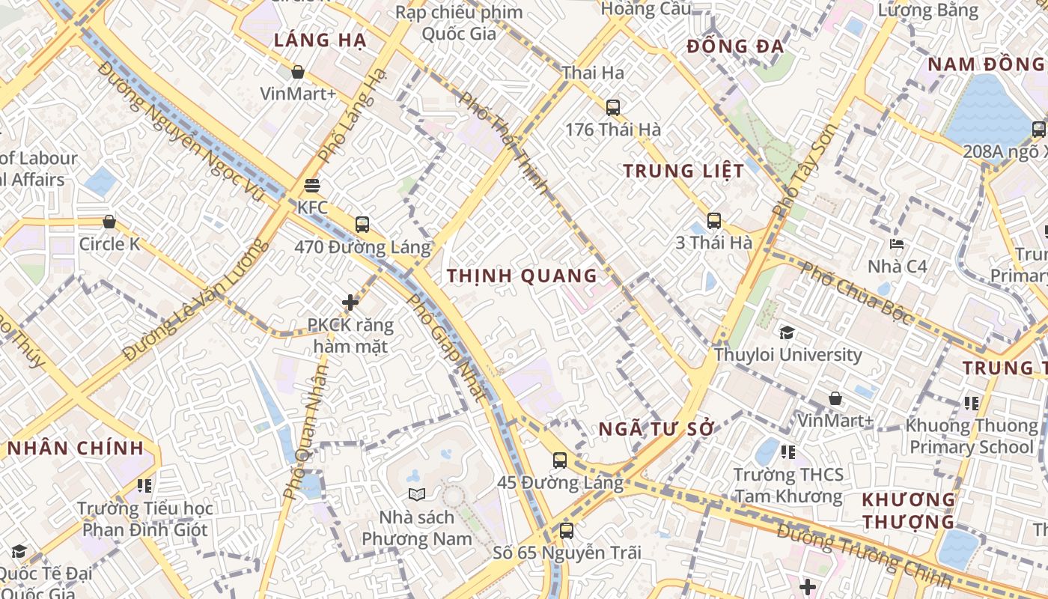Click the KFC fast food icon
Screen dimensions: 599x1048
coord(312,186)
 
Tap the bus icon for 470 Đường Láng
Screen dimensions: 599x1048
coord(362,224)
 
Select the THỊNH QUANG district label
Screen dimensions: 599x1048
coord(522,276)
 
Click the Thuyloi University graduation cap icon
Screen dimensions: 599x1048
coord(787,332)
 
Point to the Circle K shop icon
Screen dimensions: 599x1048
coord(109,222)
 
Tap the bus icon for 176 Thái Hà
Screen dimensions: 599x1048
coord(613,108)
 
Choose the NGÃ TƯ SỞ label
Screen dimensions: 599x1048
coord(656,429)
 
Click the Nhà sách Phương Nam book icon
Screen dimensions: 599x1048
coord(416,494)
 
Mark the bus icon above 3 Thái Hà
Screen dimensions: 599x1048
coord(714,221)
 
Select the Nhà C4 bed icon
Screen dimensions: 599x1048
coord(896,244)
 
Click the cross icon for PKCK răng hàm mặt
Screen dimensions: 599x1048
coord(350,302)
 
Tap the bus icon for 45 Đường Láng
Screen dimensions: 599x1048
coord(560,460)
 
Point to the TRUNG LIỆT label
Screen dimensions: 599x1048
coord(683,171)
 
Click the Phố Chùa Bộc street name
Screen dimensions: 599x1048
coord(856,294)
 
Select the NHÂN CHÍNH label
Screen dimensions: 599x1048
coord(75,449)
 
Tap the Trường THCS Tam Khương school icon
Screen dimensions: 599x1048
coord(787,452)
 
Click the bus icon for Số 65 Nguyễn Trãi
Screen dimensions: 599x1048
coord(567,531)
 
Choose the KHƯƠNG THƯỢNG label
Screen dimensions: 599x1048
coord(908,510)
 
